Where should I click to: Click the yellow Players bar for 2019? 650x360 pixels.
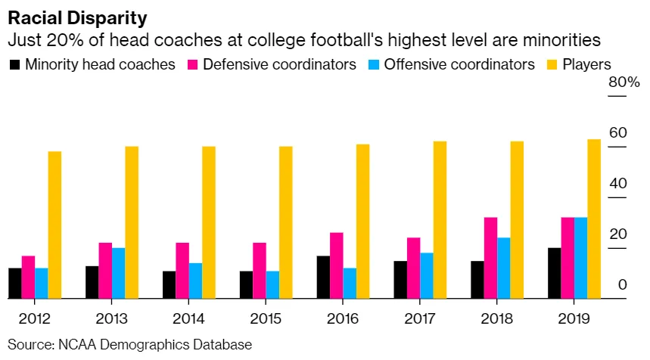tap(593, 219)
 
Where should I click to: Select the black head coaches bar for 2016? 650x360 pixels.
tap(323, 278)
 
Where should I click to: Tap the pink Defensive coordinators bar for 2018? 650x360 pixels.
tap(490, 258)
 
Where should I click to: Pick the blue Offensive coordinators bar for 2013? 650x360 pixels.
tap(118, 273)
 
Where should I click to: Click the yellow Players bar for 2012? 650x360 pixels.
tap(54, 225)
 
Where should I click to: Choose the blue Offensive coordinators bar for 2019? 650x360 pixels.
tap(580, 258)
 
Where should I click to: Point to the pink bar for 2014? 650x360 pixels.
tap(182, 271)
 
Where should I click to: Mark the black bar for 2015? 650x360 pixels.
tap(246, 285)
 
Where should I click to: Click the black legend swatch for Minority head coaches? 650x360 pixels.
tap(14, 65)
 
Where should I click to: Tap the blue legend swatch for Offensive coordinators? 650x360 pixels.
tap(374, 65)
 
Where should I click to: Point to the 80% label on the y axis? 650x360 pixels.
tap(624, 82)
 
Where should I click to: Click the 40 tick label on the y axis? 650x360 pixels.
tap(617, 184)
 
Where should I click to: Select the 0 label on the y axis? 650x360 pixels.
tap(622, 285)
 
